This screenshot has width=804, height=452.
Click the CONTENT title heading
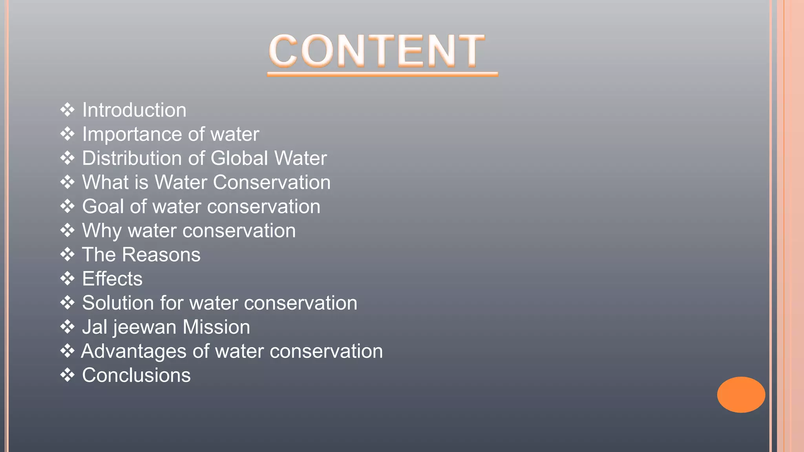[x=377, y=51]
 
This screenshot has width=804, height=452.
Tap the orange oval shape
[x=741, y=394]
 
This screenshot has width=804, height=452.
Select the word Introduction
[x=134, y=110]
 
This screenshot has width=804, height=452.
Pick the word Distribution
[x=132, y=159]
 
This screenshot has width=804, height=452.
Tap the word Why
[x=102, y=231]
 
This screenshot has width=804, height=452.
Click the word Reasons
[x=161, y=255]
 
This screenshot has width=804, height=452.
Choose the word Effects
[x=112, y=279]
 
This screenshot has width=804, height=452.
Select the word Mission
[x=216, y=327]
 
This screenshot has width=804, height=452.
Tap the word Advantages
[x=133, y=351]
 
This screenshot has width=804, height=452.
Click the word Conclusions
[x=136, y=375]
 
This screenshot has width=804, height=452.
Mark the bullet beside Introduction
[x=68, y=110]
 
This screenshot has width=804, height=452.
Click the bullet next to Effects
[x=68, y=279]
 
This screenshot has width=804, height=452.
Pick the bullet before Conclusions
[x=68, y=375]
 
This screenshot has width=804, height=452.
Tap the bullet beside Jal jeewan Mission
[x=68, y=327]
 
